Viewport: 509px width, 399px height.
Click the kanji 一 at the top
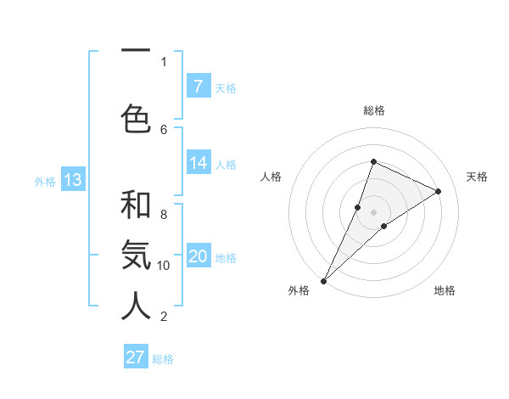tap(136, 51)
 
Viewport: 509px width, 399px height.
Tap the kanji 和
tap(136, 205)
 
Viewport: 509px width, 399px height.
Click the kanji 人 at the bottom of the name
tap(136, 306)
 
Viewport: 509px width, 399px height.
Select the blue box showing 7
tap(198, 87)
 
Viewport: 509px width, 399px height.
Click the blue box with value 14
tap(198, 163)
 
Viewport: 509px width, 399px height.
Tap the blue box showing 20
tap(198, 256)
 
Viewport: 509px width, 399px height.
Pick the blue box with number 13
tap(72, 180)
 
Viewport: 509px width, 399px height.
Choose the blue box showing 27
tap(136, 357)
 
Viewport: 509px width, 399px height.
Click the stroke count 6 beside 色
tap(164, 129)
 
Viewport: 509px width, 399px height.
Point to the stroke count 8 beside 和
tap(164, 205)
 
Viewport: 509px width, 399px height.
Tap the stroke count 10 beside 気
tap(164, 266)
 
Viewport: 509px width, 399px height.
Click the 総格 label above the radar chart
tap(374, 110)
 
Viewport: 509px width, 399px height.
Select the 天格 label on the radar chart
tap(478, 177)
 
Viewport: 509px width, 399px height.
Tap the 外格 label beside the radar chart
tap(299, 290)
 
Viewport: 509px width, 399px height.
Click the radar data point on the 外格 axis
tap(323, 280)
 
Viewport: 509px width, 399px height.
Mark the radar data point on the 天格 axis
tap(439, 191)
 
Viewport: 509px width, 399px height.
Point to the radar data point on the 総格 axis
tap(373, 161)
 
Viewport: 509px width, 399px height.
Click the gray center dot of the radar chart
tap(373, 212)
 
